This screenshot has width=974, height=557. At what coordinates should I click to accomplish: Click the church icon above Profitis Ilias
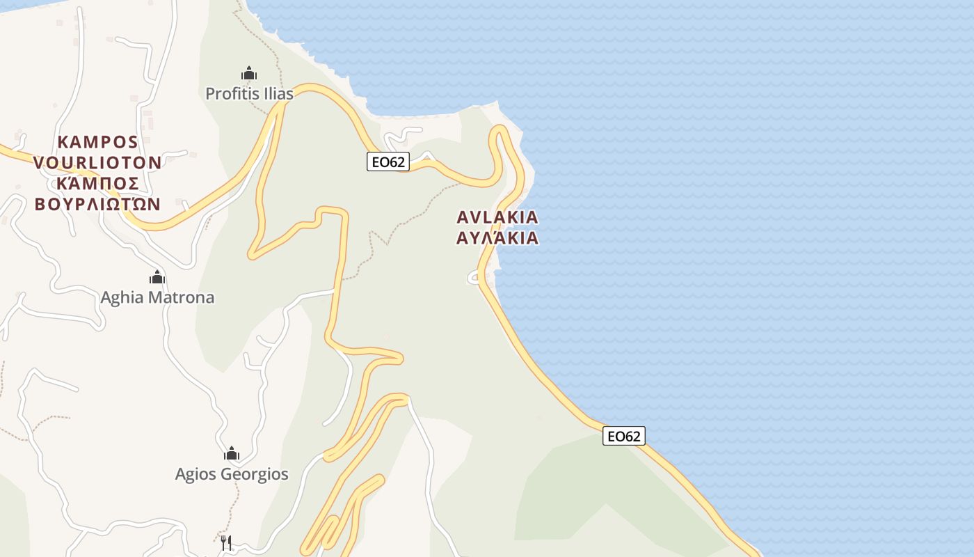(248, 73)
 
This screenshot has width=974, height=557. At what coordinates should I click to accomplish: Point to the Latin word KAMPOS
(97, 142)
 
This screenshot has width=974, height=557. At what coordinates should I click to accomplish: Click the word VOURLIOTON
(97, 163)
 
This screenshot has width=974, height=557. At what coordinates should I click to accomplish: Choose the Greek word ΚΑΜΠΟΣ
(97, 183)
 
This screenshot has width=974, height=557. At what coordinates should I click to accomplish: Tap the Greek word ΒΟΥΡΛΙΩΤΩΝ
(97, 204)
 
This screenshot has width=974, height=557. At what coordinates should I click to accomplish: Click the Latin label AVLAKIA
(497, 217)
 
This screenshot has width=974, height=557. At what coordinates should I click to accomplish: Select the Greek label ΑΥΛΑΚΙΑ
(497, 238)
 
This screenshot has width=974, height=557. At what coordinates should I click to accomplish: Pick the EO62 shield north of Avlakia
(388, 162)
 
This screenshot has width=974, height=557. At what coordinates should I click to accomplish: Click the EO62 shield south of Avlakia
(623, 436)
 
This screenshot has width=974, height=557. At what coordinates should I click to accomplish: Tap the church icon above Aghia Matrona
(157, 278)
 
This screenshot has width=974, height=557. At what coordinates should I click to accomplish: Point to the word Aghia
(124, 298)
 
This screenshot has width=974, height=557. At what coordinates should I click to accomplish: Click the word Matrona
(182, 298)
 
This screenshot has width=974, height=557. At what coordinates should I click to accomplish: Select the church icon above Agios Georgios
(232, 454)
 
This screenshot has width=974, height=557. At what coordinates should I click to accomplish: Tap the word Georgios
(254, 475)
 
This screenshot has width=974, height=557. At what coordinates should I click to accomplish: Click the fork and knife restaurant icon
(226, 542)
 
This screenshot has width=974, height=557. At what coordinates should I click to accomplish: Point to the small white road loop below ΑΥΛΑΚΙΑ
(473, 278)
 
